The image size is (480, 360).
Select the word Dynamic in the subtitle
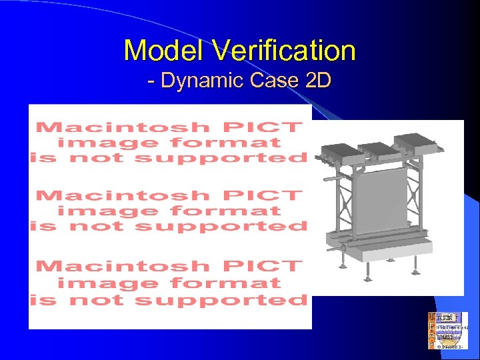202,81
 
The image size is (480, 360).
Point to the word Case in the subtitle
273,81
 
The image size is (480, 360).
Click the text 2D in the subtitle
317,81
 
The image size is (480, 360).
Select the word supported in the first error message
220,158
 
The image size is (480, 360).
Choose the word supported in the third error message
220,299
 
